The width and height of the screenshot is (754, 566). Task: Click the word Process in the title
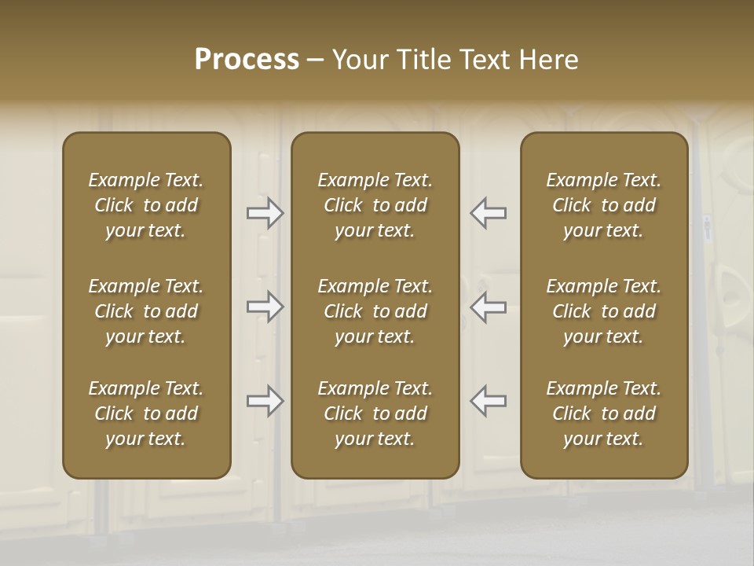[x=247, y=60]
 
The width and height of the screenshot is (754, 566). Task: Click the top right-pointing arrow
[x=265, y=213]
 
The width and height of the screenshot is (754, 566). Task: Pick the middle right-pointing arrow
[x=265, y=307]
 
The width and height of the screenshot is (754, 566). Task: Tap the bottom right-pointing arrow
[x=265, y=401]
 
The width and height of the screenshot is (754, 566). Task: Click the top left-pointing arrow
[x=488, y=213]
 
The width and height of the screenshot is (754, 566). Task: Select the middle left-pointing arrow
[x=488, y=307]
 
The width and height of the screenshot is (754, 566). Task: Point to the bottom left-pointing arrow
[x=488, y=401]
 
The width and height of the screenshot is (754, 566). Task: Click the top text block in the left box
[x=146, y=205]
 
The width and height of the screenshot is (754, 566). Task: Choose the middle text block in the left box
[x=146, y=311]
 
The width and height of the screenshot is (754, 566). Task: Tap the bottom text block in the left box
[x=146, y=413]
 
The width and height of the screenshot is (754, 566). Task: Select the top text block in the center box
[x=375, y=205]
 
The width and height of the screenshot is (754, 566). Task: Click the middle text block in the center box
[x=375, y=311]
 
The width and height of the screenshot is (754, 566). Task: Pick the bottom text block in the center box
[x=375, y=413]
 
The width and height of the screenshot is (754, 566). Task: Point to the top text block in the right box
[x=604, y=205]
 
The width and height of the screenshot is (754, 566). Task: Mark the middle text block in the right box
[x=604, y=311]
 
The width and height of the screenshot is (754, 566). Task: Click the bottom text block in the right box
[x=604, y=413]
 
